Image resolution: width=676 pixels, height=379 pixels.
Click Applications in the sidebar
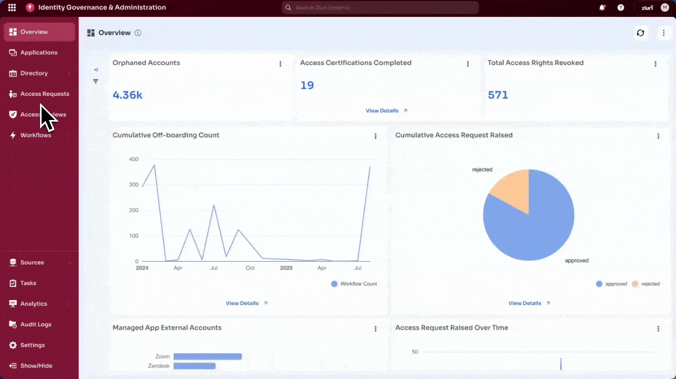(x=38, y=53)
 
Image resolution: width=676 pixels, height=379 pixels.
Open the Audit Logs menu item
(x=35, y=324)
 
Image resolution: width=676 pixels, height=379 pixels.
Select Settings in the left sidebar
(x=32, y=345)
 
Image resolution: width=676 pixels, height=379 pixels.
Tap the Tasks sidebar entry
(x=28, y=283)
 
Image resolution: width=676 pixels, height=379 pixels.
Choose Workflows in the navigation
(x=35, y=135)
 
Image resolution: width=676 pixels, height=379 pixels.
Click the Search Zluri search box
(x=380, y=8)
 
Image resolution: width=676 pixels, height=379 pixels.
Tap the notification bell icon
(x=602, y=8)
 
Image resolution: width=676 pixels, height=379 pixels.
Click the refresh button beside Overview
(x=640, y=33)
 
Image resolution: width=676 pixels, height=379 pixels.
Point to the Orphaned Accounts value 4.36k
(x=127, y=95)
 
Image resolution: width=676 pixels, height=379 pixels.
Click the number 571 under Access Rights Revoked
(x=498, y=95)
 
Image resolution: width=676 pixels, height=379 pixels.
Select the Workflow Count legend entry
(x=354, y=284)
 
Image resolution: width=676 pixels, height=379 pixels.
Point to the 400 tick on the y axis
(x=133, y=159)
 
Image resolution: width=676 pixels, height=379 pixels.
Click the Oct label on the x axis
(x=250, y=268)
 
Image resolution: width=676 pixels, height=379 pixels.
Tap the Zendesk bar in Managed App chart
(x=194, y=366)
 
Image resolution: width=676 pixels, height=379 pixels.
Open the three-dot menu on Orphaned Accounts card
(x=280, y=64)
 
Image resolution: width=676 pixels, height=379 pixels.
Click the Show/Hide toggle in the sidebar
(x=36, y=366)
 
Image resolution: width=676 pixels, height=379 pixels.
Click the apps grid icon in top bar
(x=12, y=8)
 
